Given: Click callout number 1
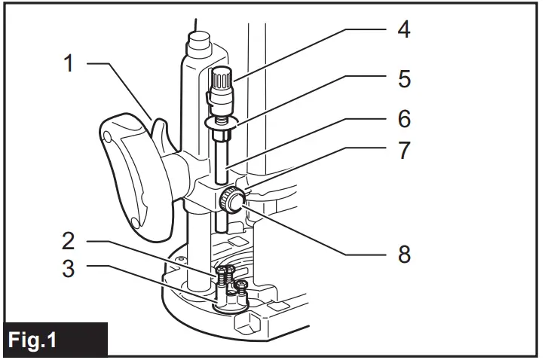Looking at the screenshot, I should tap(69, 63).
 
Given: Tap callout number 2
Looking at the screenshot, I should tap(69, 241).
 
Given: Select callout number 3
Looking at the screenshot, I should tap(69, 268).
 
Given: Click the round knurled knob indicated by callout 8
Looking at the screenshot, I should tap(230, 201).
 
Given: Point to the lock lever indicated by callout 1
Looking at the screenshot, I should tap(161, 128).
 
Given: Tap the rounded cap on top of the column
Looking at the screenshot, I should tap(197, 39).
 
